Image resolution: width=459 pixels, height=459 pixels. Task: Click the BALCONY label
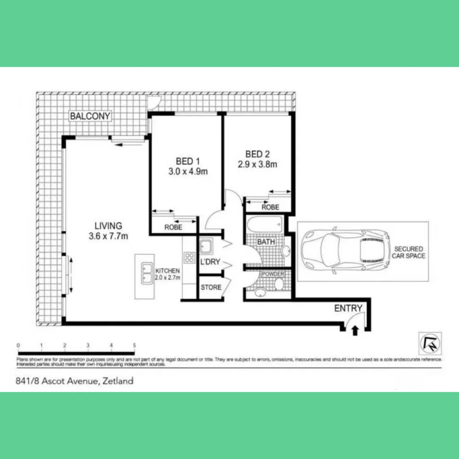90,116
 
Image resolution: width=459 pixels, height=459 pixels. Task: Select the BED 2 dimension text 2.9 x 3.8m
258,164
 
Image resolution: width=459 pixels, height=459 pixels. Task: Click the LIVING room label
108,226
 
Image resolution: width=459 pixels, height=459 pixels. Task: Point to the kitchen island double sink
147,273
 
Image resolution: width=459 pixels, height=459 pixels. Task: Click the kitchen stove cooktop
189,257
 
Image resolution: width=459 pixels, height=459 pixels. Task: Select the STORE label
211,287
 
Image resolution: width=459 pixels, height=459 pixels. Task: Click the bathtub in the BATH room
264,224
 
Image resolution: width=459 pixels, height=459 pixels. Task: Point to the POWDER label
273,274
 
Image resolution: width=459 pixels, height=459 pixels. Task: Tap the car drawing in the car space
344,251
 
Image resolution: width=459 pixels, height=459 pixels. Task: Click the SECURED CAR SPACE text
408,252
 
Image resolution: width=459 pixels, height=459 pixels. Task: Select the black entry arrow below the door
355,330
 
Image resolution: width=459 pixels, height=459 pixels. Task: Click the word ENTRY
348,308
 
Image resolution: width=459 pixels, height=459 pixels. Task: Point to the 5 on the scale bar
134,345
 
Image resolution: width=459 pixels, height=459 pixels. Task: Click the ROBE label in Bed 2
270,207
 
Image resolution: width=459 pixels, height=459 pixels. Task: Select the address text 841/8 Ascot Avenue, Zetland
74,381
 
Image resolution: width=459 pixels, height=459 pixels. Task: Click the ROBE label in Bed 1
173,227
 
